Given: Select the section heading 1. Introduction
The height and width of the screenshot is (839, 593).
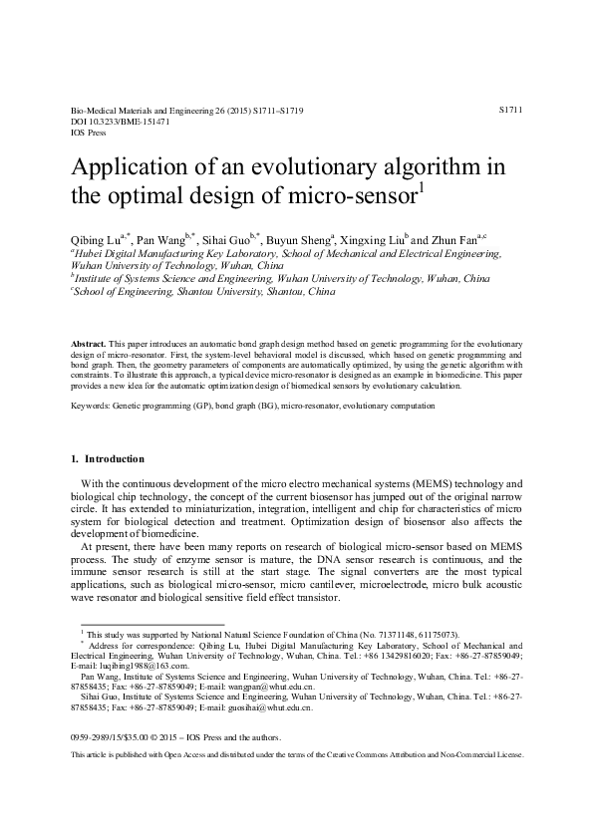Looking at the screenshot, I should tap(109, 459).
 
